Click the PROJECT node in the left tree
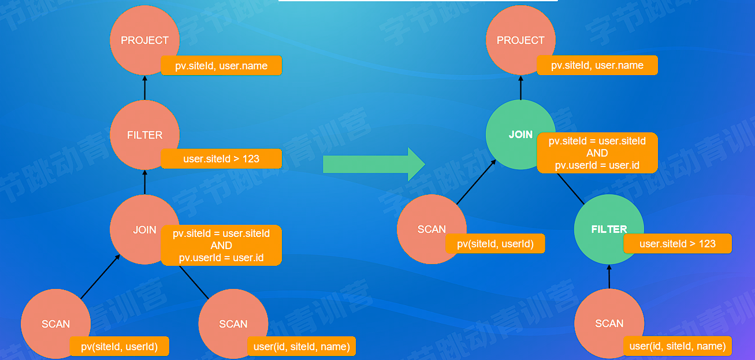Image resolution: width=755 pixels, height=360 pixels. (x=144, y=40)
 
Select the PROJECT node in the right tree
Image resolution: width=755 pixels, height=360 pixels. (x=520, y=40)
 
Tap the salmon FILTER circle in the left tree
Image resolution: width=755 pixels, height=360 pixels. (x=144, y=135)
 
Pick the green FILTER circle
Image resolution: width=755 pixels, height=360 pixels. (x=609, y=229)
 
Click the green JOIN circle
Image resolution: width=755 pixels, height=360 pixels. (x=520, y=135)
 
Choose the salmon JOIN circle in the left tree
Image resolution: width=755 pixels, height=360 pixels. (x=144, y=229)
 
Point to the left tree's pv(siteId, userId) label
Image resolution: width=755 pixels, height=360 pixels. (x=120, y=347)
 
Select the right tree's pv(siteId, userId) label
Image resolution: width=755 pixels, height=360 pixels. (x=495, y=244)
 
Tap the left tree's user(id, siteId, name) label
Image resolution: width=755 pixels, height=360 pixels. (x=302, y=347)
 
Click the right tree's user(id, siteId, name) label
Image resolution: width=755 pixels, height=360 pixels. (x=678, y=346)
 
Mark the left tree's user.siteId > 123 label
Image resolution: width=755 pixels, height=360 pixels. (x=221, y=158)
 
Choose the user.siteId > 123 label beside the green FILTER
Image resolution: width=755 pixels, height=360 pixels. (x=678, y=244)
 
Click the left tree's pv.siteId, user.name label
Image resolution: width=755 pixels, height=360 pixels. (x=221, y=65)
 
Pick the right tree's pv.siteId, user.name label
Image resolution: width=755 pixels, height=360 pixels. (x=597, y=65)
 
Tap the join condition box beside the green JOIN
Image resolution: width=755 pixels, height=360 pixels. (x=597, y=153)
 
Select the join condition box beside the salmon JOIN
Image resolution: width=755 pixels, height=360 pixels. (x=221, y=246)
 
